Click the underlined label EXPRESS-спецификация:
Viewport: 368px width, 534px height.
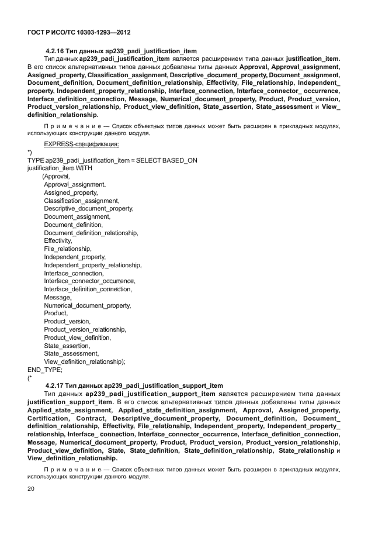81,144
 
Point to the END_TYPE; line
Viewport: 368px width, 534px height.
45,370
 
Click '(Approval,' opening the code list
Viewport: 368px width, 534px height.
56,176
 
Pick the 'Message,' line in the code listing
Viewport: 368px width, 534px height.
57,297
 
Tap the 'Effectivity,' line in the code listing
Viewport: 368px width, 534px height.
58,240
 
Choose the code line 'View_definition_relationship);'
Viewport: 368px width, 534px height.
85,361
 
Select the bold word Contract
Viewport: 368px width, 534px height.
91,419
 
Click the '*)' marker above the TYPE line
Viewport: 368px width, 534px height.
30,152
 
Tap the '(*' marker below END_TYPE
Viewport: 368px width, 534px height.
30,378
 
